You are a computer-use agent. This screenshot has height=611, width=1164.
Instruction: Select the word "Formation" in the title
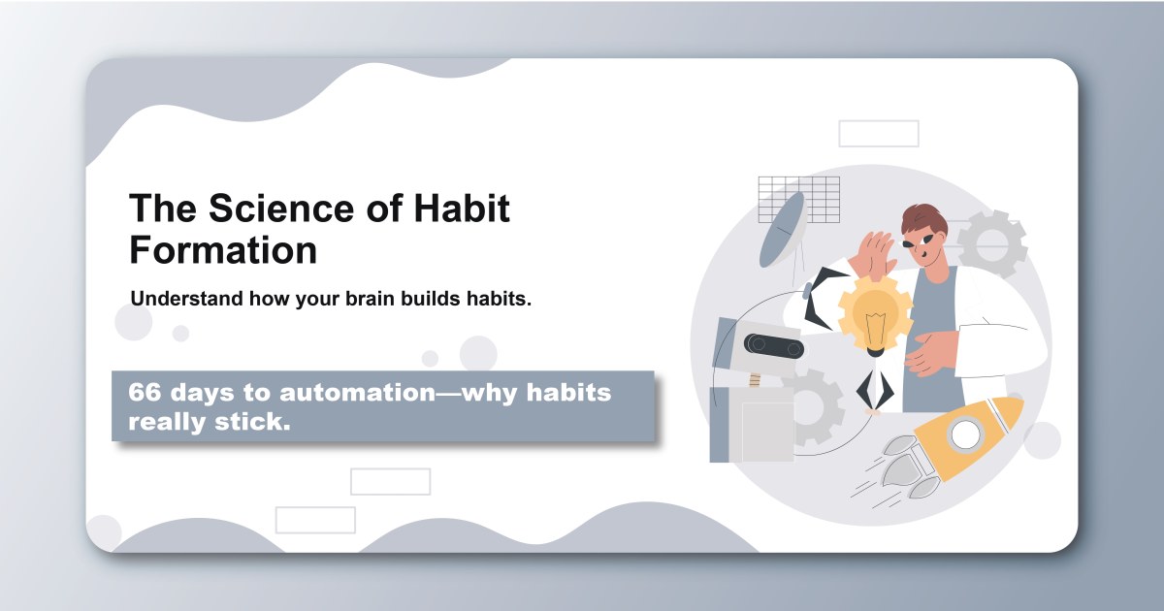click(223, 250)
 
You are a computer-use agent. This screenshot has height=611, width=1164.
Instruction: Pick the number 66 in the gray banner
click(145, 394)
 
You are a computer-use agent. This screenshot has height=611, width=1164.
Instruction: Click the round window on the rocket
click(965, 432)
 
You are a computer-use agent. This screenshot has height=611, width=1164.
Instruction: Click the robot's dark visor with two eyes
click(772, 347)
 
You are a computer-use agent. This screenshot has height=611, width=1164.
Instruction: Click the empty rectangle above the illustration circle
click(878, 133)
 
